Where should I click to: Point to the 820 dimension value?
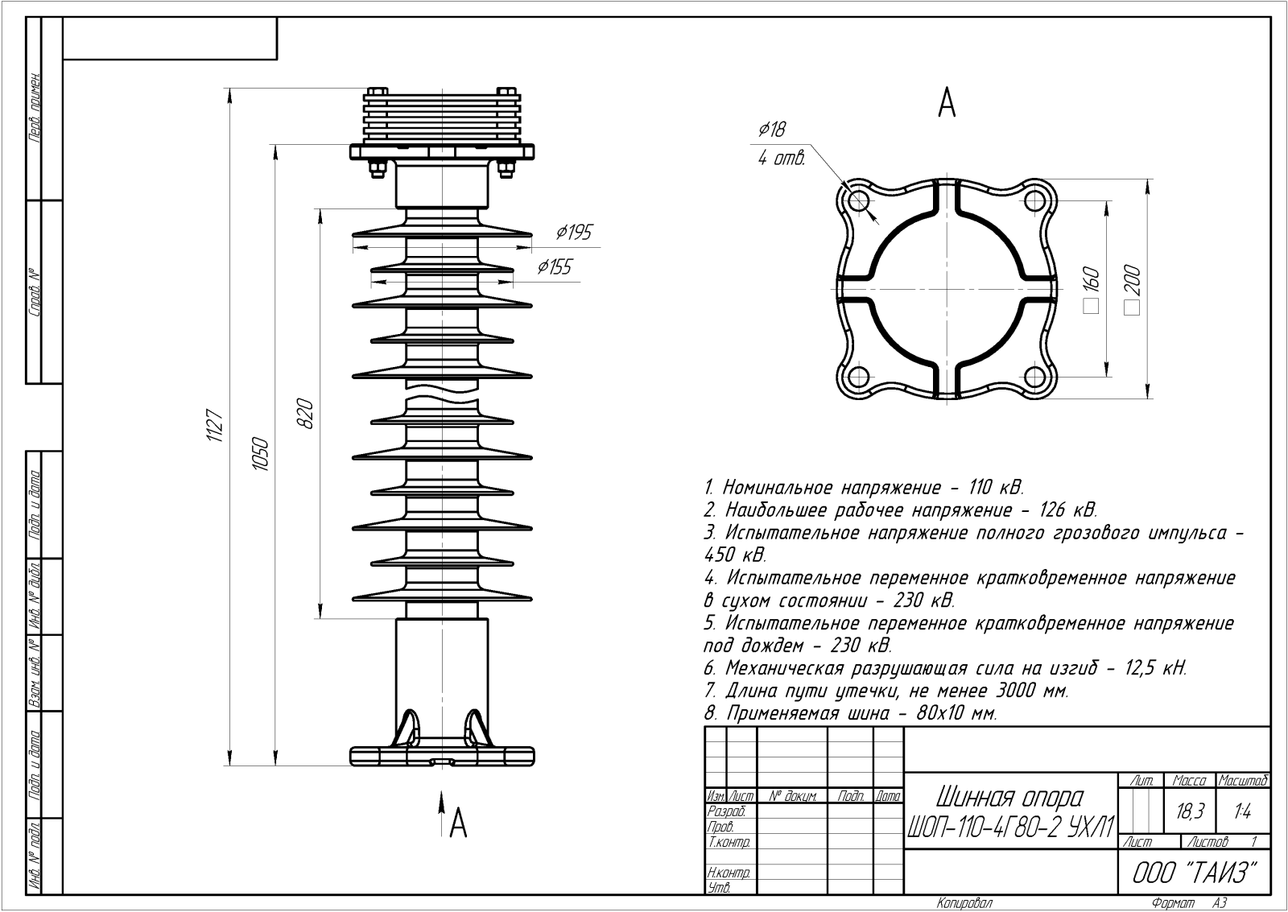click(304, 413)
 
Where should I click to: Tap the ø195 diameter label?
click(574, 233)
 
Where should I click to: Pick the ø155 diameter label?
click(555, 266)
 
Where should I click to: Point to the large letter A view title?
click(947, 102)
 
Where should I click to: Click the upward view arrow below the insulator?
click(441, 802)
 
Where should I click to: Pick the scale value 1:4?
click(1242, 812)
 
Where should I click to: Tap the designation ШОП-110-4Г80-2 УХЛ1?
click(1011, 826)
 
